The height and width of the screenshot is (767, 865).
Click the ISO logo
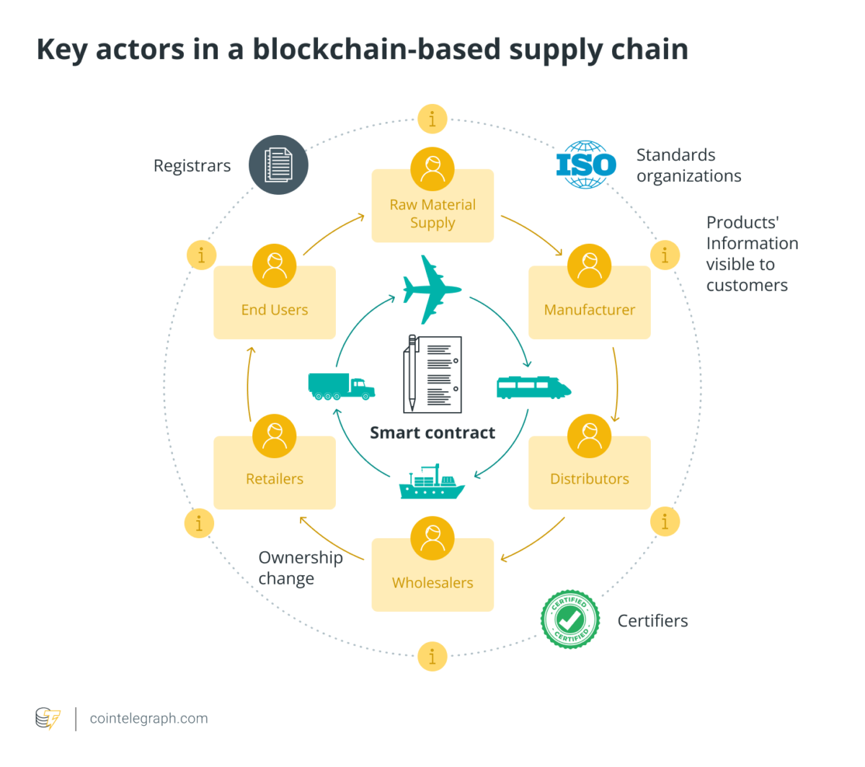point(586,165)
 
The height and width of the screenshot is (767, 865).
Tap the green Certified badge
point(570,619)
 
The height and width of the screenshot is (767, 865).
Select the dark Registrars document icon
point(278,165)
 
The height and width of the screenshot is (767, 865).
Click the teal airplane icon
point(431,289)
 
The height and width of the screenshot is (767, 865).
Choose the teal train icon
point(533,387)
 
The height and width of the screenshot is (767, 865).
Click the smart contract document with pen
point(432,374)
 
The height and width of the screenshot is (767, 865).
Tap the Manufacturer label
point(589,310)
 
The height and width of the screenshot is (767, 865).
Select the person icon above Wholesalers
point(432,538)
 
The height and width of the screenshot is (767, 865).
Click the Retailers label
point(275,479)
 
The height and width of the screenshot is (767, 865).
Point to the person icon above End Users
point(275,266)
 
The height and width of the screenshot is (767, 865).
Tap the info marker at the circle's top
point(432,119)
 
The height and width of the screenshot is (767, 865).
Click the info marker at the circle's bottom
point(432,657)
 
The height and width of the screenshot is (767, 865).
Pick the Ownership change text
point(300,568)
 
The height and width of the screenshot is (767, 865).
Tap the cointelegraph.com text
point(148,719)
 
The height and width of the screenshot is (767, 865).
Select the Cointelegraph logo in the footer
point(48,719)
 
